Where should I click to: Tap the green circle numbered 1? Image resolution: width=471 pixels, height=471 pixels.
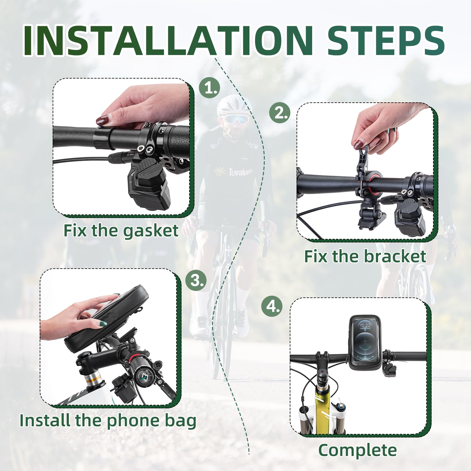(209, 88)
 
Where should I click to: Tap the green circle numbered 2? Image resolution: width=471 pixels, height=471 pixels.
(280, 113)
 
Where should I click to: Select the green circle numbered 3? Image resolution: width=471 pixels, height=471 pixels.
(196, 280)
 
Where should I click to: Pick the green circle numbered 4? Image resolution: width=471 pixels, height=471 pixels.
(272, 307)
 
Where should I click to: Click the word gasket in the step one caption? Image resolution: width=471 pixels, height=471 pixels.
(150, 231)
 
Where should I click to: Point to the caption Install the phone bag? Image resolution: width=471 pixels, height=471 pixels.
(108, 420)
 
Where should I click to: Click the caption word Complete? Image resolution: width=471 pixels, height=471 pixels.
(357, 450)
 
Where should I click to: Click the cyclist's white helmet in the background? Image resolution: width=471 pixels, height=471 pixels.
(232, 106)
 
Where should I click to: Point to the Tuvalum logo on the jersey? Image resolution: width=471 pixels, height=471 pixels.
(235, 172)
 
